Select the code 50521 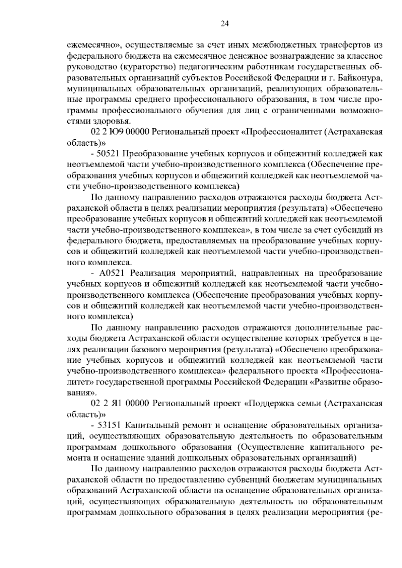109,154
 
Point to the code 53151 109,426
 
